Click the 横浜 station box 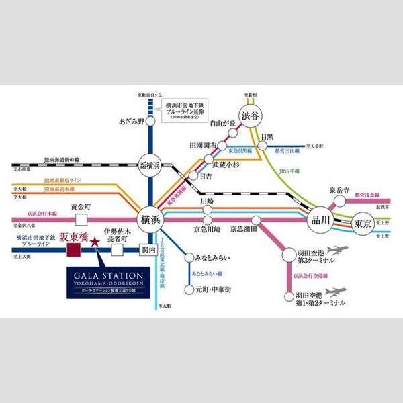pyautogui.click(x=148, y=219)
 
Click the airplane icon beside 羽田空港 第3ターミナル pyautogui.click(x=337, y=250)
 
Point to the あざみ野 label pyautogui.click(x=132, y=122)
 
